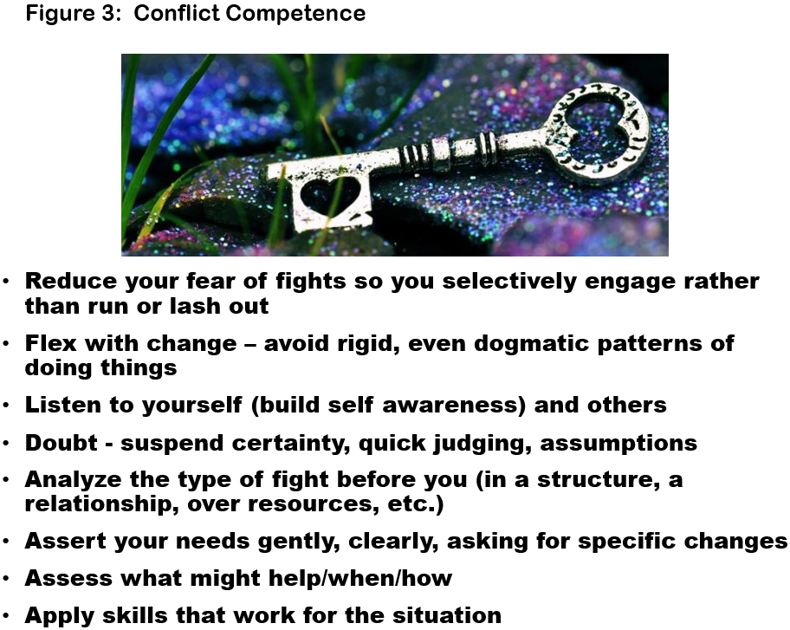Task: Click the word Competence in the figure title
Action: click(295, 14)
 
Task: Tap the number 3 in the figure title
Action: click(108, 13)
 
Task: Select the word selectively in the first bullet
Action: click(509, 281)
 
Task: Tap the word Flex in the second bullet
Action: click(50, 343)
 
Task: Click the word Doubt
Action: click(61, 443)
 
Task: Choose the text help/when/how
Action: click(360, 578)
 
